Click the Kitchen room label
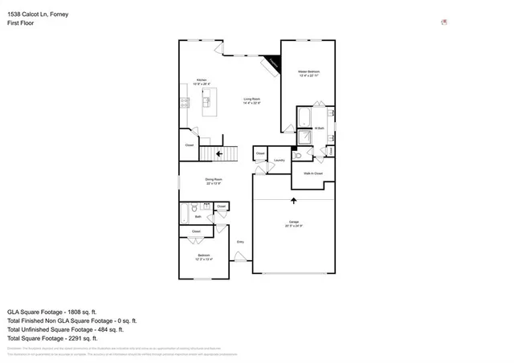(x=202, y=80)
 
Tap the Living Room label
(x=252, y=100)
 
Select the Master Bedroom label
(x=309, y=72)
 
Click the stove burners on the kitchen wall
(x=184, y=102)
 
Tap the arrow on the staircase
(x=220, y=153)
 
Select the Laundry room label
(x=279, y=160)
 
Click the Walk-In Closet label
(x=313, y=173)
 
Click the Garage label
(x=294, y=224)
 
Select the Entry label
(x=239, y=241)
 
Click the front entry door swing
(x=239, y=256)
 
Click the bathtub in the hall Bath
(x=185, y=214)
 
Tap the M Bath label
(x=319, y=128)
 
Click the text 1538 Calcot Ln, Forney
(x=35, y=12)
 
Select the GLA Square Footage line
(x=51, y=312)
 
